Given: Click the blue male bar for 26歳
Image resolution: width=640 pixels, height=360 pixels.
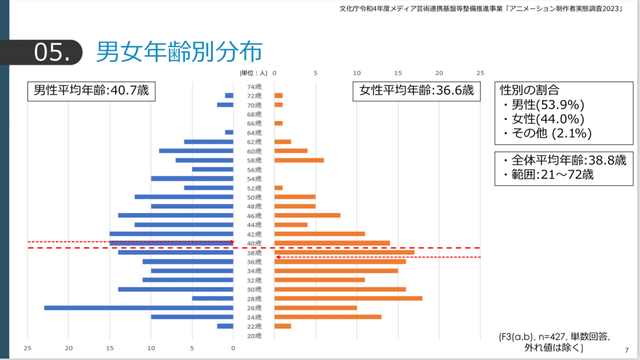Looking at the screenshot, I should (x=139, y=308).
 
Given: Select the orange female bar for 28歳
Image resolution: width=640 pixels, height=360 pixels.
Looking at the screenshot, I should (x=348, y=298).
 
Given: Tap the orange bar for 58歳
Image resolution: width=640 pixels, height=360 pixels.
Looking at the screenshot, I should (x=299, y=160).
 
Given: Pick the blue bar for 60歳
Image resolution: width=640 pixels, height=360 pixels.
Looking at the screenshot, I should (x=196, y=151).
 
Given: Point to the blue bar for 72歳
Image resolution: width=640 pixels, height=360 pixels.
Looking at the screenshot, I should (x=229, y=95).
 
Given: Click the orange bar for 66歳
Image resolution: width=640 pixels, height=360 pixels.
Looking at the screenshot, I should (x=278, y=123).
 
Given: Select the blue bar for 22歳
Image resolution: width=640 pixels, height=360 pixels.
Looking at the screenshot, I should (x=225, y=326).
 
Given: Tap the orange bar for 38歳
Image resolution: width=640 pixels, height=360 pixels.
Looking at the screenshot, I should (x=345, y=252).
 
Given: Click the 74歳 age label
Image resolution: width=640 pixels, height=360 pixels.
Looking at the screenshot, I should (x=254, y=86).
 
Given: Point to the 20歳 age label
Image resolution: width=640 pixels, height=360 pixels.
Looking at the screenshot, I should (x=254, y=335).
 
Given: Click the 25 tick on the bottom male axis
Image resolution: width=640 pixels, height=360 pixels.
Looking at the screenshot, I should (x=28, y=348).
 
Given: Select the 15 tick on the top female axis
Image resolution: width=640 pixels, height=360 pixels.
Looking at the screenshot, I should (x=398, y=73).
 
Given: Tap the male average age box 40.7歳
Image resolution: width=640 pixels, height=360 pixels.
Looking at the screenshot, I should (x=91, y=91).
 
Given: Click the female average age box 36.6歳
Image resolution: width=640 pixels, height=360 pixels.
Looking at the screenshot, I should (x=417, y=91).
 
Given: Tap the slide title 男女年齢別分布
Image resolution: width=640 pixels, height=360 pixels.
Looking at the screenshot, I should (x=179, y=52).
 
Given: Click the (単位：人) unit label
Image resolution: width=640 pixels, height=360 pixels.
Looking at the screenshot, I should (x=253, y=73).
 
